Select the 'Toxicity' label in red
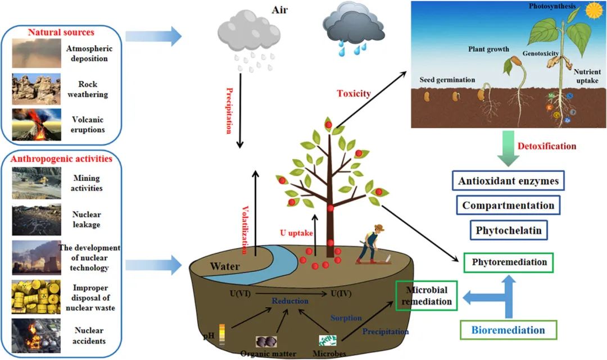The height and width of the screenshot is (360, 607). click(354, 93)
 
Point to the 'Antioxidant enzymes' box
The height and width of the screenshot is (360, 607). click(508, 181)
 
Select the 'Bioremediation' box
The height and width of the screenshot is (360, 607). click(509, 330)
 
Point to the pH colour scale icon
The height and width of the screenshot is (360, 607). click(222, 333)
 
